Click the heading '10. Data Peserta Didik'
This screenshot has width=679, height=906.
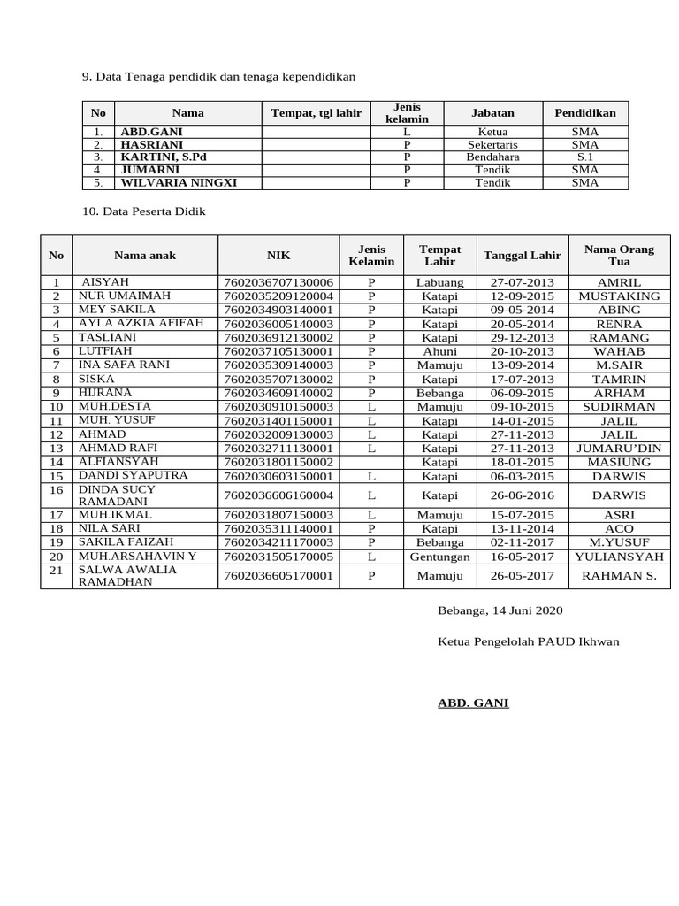click(143, 212)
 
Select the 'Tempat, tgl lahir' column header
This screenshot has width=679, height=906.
click(316, 112)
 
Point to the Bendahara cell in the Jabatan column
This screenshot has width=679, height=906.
click(492, 157)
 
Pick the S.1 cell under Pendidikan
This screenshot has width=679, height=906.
click(584, 157)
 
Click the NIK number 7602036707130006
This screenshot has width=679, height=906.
click(278, 281)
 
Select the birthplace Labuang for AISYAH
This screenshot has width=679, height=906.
click(439, 281)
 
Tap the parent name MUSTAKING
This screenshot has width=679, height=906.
click(619, 296)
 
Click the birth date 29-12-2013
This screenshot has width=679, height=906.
click(522, 337)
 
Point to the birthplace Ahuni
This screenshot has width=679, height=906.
click(439, 351)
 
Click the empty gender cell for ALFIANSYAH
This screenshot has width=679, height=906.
click(371, 462)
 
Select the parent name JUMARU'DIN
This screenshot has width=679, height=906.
click(619, 448)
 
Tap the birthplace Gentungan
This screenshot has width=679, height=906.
click(439, 557)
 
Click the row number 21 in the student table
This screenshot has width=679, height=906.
click(57, 572)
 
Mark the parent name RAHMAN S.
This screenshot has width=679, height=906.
click(619, 575)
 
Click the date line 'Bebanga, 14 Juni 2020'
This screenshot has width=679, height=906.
click(500, 610)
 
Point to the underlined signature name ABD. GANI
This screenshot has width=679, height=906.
click(473, 703)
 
